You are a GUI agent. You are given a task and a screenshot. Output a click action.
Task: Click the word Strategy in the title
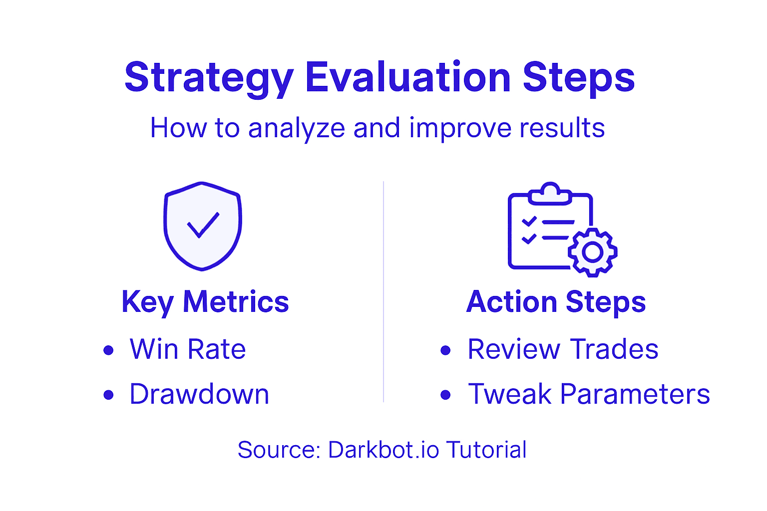(x=209, y=78)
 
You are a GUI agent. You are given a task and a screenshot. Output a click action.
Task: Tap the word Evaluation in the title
(x=407, y=77)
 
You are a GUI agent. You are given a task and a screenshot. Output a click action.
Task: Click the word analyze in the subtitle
(x=297, y=128)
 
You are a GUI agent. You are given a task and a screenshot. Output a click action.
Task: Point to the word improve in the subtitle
(x=459, y=128)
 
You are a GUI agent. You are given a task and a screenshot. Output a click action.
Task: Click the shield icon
(x=202, y=226)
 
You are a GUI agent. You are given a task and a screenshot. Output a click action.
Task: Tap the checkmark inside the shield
(x=203, y=226)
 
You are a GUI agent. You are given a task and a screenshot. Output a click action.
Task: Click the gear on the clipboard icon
(x=593, y=252)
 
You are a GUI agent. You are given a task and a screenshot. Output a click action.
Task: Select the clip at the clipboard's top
(x=550, y=194)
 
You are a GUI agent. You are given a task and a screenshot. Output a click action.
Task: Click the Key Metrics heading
(x=205, y=302)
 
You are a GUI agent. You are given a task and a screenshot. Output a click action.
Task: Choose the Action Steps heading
(x=556, y=302)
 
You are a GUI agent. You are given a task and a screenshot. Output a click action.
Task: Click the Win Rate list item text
(x=188, y=349)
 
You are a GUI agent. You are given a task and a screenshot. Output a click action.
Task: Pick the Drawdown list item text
(x=199, y=394)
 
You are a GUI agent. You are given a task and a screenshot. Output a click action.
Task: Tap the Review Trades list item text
(x=563, y=349)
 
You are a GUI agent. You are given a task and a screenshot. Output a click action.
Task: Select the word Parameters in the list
(x=635, y=394)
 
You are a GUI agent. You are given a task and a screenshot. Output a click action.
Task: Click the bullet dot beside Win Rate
(x=108, y=350)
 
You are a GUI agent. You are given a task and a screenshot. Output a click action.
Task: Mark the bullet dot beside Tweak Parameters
(x=446, y=395)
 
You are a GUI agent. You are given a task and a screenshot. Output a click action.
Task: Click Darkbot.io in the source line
(x=383, y=450)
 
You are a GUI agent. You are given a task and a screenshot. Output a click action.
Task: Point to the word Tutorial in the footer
(x=486, y=450)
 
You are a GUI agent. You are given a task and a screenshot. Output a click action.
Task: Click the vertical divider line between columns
(x=383, y=292)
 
